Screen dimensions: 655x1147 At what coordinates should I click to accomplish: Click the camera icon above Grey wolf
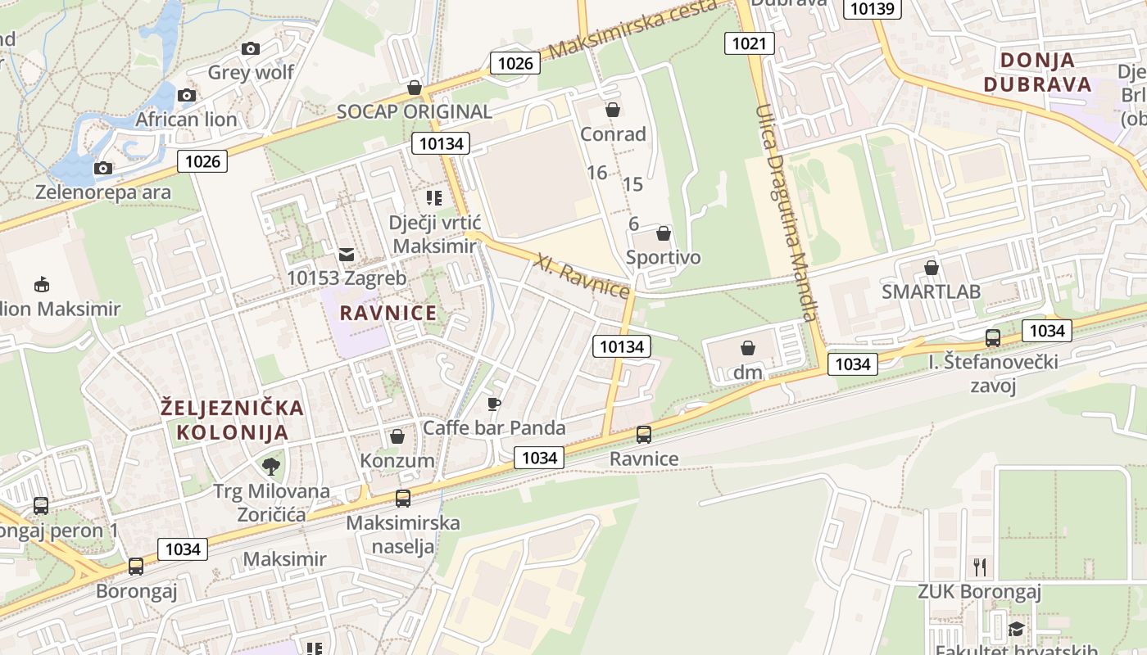pyautogui.click(x=251, y=48)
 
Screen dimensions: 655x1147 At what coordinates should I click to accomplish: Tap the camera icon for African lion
pyautogui.click(x=187, y=95)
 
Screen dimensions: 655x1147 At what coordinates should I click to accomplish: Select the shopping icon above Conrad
pyautogui.click(x=612, y=110)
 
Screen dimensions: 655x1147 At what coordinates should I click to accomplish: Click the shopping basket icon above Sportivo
pyautogui.click(x=663, y=233)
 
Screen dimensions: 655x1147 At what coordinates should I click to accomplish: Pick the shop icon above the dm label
pyautogui.click(x=747, y=348)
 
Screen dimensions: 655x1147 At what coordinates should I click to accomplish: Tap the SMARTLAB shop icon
pyautogui.click(x=931, y=268)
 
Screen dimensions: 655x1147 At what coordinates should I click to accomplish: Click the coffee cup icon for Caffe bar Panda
pyautogui.click(x=493, y=404)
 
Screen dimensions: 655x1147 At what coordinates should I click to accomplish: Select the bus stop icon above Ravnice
pyautogui.click(x=644, y=435)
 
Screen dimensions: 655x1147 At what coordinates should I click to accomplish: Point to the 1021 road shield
pyautogui.click(x=749, y=43)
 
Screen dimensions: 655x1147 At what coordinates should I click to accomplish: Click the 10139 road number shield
pyautogui.click(x=873, y=8)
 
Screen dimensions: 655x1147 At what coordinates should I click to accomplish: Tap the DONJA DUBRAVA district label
pyautogui.click(x=1037, y=72)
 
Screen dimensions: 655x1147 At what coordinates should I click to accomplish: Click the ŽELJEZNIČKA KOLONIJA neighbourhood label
pyautogui.click(x=233, y=419)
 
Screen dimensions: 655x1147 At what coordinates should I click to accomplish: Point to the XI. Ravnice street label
pyautogui.click(x=582, y=277)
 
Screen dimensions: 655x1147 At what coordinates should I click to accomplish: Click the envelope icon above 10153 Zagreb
pyautogui.click(x=347, y=255)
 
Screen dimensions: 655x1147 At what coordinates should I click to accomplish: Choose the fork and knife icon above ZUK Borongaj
pyautogui.click(x=978, y=567)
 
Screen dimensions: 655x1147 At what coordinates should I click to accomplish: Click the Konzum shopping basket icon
pyautogui.click(x=397, y=436)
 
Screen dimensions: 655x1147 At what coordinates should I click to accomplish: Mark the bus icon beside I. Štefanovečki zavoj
pyautogui.click(x=993, y=337)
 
